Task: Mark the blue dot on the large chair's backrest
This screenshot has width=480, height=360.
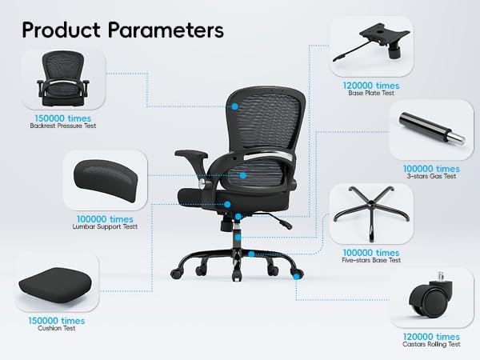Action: tap(235, 105)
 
